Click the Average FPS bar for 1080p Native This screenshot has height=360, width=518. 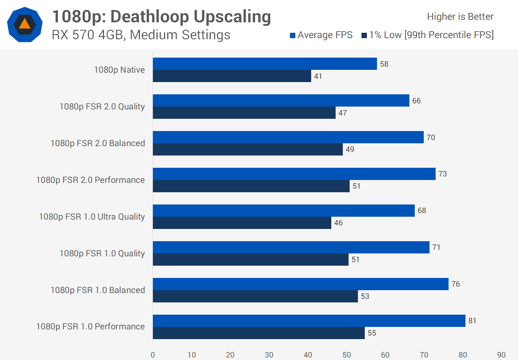coord(265,64)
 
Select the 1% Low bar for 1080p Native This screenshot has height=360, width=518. coord(232,76)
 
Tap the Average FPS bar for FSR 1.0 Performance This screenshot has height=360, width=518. coord(309,321)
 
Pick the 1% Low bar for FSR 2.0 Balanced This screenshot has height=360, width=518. coord(248,149)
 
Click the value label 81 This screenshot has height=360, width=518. coord(472,321)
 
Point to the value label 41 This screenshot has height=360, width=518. coord(318,76)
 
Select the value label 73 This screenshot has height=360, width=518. coord(443,174)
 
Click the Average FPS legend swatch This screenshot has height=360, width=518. coord(293,35)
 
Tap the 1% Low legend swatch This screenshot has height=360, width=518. coord(364,35)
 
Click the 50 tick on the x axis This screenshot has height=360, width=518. coord(347,355)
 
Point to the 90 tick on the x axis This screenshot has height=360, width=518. coord(501,355)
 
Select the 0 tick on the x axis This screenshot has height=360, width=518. coord(153,355)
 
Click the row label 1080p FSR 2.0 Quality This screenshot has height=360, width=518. coord(102,107)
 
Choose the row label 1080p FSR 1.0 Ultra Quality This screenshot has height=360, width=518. coord(92,217)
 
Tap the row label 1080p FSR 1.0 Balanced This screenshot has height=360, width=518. coord(98,290)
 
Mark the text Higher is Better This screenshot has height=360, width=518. coord(460,17)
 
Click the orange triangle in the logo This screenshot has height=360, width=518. coord(24,24)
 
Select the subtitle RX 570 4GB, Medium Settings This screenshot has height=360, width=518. coord(141,35)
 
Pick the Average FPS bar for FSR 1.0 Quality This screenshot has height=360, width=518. coord(291,247)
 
